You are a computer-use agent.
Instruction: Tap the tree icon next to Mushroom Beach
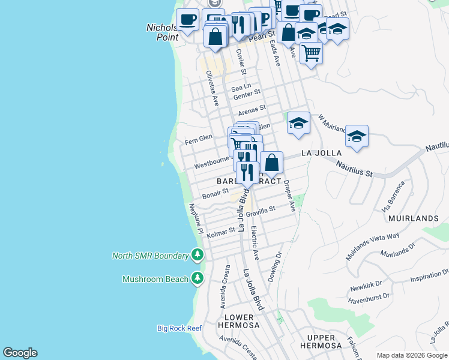(x=197, y=278)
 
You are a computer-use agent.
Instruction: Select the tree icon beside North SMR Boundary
(x=197, y=255)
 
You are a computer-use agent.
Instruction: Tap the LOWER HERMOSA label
(x=242, y=321)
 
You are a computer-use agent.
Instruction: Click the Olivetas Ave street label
(x=211, y=89)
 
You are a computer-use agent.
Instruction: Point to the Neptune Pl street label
(x=196, y=218)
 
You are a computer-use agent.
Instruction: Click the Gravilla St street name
(x=260, y=211)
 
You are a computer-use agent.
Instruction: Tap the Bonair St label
(x=215, y=194)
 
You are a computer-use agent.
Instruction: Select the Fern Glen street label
(x=198, y=139)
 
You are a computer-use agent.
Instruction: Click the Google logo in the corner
(x=20, y=353)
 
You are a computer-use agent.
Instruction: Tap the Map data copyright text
(x=411, y=355)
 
